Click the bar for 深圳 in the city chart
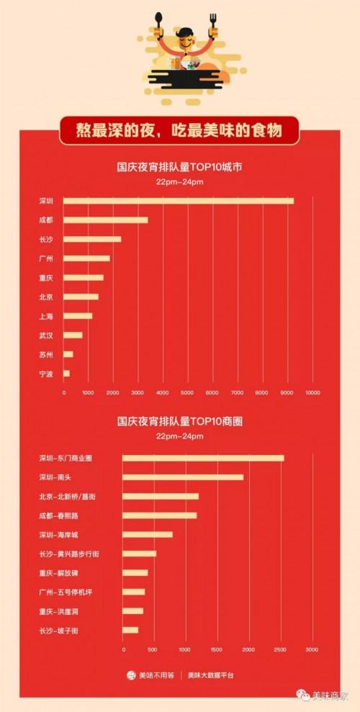(x=179, y=201)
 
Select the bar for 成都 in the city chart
(x=105, y=220)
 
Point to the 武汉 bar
(x=73, y=335)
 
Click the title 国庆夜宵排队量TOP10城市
(x=180, y=167)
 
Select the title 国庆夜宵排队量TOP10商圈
(x=180, y=421)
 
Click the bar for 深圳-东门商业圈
(x=203, y=458)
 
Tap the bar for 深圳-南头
(x=183, y=477)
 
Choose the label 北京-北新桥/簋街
(x=68, y=497)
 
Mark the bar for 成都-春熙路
(x=159, y=515)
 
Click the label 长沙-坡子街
(x=61, y=631)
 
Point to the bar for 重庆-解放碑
(x=135, y=573)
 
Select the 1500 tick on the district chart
(x=217, y=650)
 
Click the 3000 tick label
(x=312, y=650)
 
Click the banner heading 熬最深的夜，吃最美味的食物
(x=179, y=131)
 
